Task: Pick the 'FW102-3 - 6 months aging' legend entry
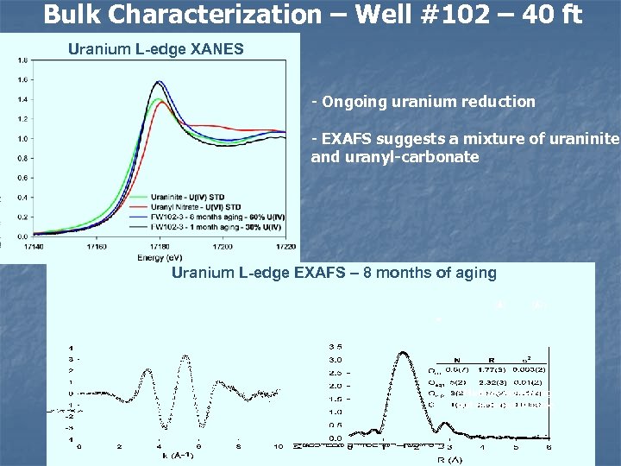(216, 217)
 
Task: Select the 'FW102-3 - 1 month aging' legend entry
(216, 226)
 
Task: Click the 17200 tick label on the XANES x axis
(222, 246)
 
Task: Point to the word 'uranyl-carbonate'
(407, 157)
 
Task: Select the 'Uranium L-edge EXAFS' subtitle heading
(334, 273)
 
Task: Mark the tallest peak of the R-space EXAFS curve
(403, 351)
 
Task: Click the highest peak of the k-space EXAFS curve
(186, 355)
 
